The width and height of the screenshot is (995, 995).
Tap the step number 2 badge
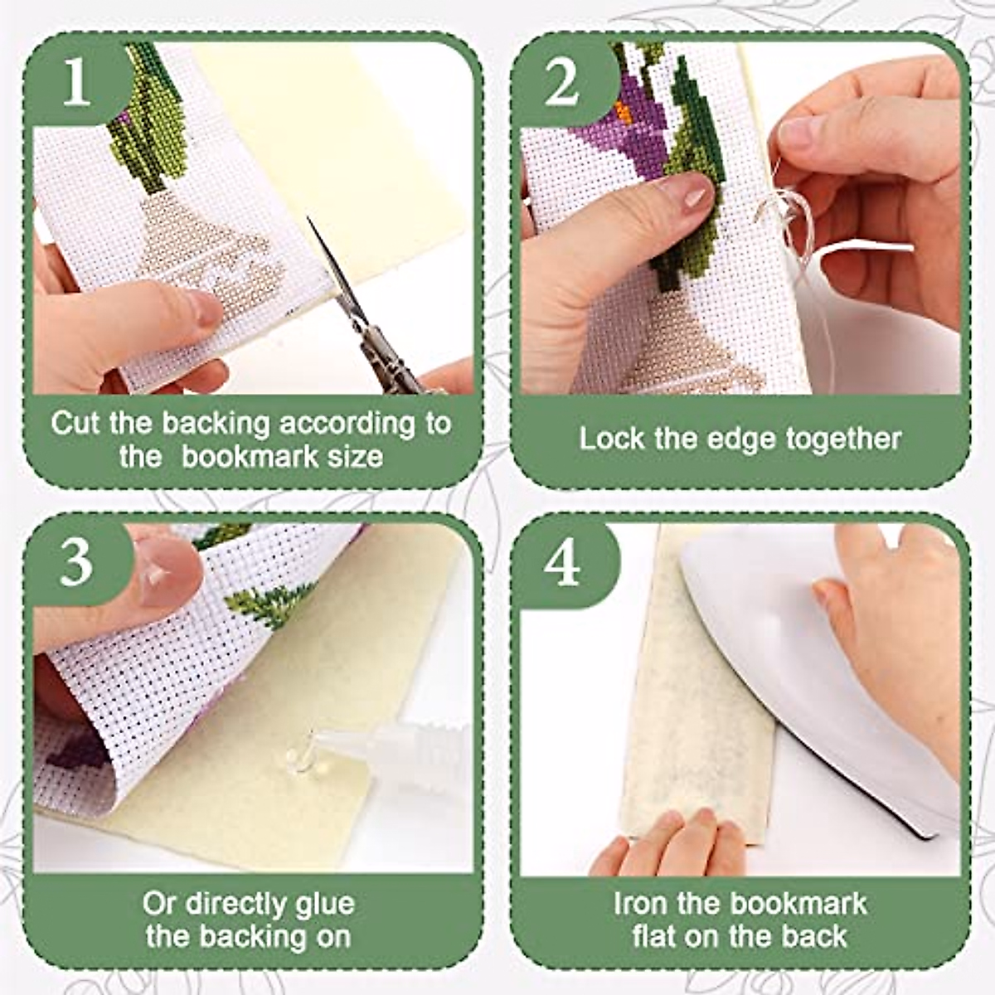[563, 83]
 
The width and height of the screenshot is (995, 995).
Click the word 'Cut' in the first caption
[77, 423]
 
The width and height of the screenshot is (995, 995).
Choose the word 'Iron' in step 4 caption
[641, 903]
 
